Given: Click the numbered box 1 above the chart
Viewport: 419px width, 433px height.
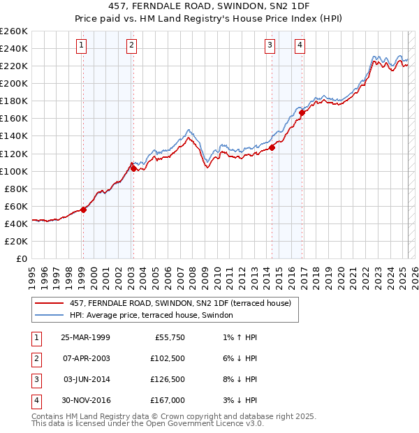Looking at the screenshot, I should click(82, 46).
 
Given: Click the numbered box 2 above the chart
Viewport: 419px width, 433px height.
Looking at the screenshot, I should click(131, 46).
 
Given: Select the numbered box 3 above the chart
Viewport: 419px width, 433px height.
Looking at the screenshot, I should click(270, 46).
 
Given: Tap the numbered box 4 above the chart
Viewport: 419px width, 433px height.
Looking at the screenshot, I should click(300, 46).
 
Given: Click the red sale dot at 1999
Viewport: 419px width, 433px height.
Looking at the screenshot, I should click(83, 209).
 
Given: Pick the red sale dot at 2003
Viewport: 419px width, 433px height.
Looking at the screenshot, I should click(133, 168).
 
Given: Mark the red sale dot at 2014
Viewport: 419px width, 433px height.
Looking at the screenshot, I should click(272, 147).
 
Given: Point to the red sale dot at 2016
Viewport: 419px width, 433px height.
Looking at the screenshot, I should click(302, 112).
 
